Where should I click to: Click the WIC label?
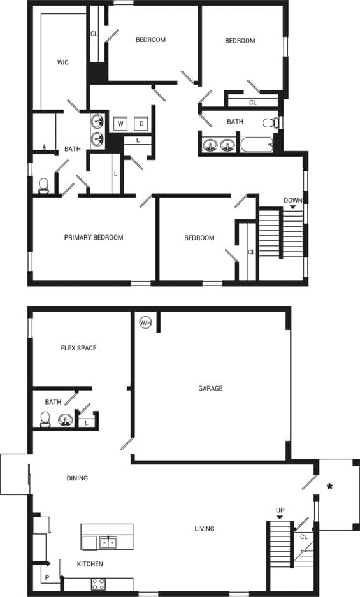pyautogui.click(x=62, y=62)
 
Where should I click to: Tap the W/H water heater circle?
pyautogui.click(x=145, y=322)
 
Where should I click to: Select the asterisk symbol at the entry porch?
pyautogui.click(x=329, y=487)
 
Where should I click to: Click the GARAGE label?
pyautogui.click(x=210, y=388)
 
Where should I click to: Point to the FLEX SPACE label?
pyautogui.click(x=78, y=348)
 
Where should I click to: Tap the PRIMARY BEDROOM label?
pyautogui.click(x=94, y=238)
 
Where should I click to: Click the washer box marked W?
pyautogui.click(x=120, y=123)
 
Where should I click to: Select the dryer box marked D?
pyautogui.click(x=141, y=123)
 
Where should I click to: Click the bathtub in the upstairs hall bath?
pyautogui.click(x=257, y=144)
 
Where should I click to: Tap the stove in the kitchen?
pyautogui.click(x=99, y=583)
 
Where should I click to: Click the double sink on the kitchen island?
pyautogui.click(x=108, y=542)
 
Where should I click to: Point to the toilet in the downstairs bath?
pyautogui.click(x=45, y=419)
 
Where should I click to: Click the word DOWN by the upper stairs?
pyautogui.click(x=293, y=200)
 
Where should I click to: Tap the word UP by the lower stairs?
pyautogui.click(x=280, y=510)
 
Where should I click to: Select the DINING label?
pyautogui.click(x=77, y=478)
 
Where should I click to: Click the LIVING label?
pyautogui.click(x=205, y=528)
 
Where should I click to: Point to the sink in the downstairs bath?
pyautogui.click(x=65, y=419)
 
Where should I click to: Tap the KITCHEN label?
pyautogui.click(x=90, y=564)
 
